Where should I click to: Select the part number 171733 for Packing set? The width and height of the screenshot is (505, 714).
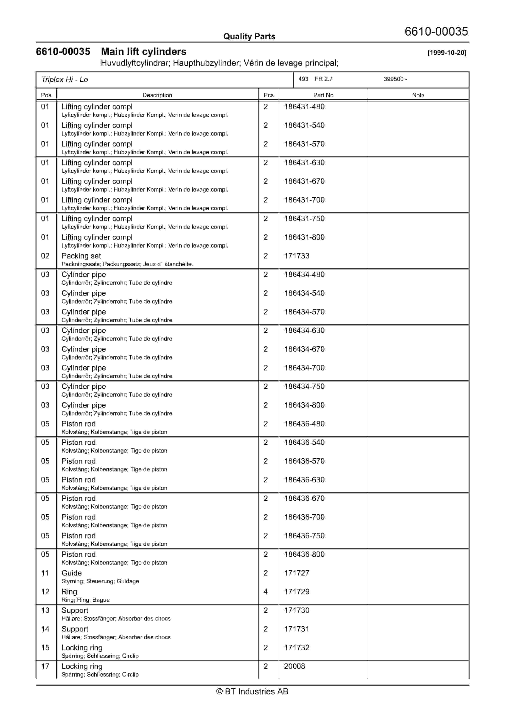296,256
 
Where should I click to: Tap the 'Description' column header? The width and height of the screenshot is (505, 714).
157,95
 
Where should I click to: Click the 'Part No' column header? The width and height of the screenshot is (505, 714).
323,95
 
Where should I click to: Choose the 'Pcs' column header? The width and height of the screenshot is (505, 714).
268,95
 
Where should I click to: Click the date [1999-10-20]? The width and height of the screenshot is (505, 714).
446,53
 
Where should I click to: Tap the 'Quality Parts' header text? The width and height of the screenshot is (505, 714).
249,36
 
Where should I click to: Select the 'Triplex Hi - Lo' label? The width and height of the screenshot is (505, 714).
65,80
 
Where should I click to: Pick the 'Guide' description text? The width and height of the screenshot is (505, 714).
72,573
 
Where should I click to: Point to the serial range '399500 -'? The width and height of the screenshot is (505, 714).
395,79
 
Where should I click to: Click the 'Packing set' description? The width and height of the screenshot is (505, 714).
81,256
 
